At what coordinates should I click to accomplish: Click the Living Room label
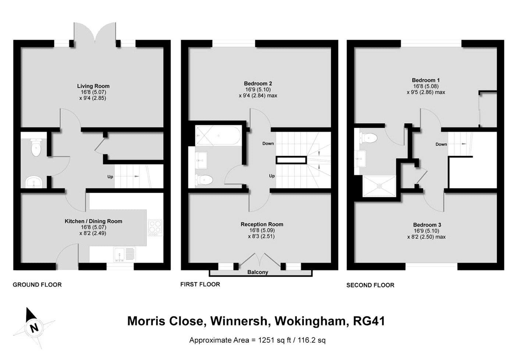93,86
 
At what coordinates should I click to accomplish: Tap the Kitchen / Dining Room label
93,221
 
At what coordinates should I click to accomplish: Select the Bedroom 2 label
258,84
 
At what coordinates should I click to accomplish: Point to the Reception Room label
262,224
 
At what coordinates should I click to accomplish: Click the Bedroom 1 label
426,80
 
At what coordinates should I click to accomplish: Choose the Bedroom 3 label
427,225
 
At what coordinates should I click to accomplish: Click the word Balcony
258,272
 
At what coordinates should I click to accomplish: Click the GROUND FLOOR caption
37,285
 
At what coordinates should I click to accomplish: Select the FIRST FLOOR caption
200,284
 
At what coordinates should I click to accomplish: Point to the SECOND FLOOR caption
370,285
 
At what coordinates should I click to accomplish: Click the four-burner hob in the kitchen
155,228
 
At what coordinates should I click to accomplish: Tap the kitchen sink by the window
124,255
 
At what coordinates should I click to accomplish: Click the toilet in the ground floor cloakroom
36,147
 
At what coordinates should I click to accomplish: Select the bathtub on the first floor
218,135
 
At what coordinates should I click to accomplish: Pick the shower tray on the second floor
379,186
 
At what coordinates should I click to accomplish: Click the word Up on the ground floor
110,177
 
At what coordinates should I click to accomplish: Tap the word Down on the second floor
441,144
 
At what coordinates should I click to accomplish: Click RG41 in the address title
369,321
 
